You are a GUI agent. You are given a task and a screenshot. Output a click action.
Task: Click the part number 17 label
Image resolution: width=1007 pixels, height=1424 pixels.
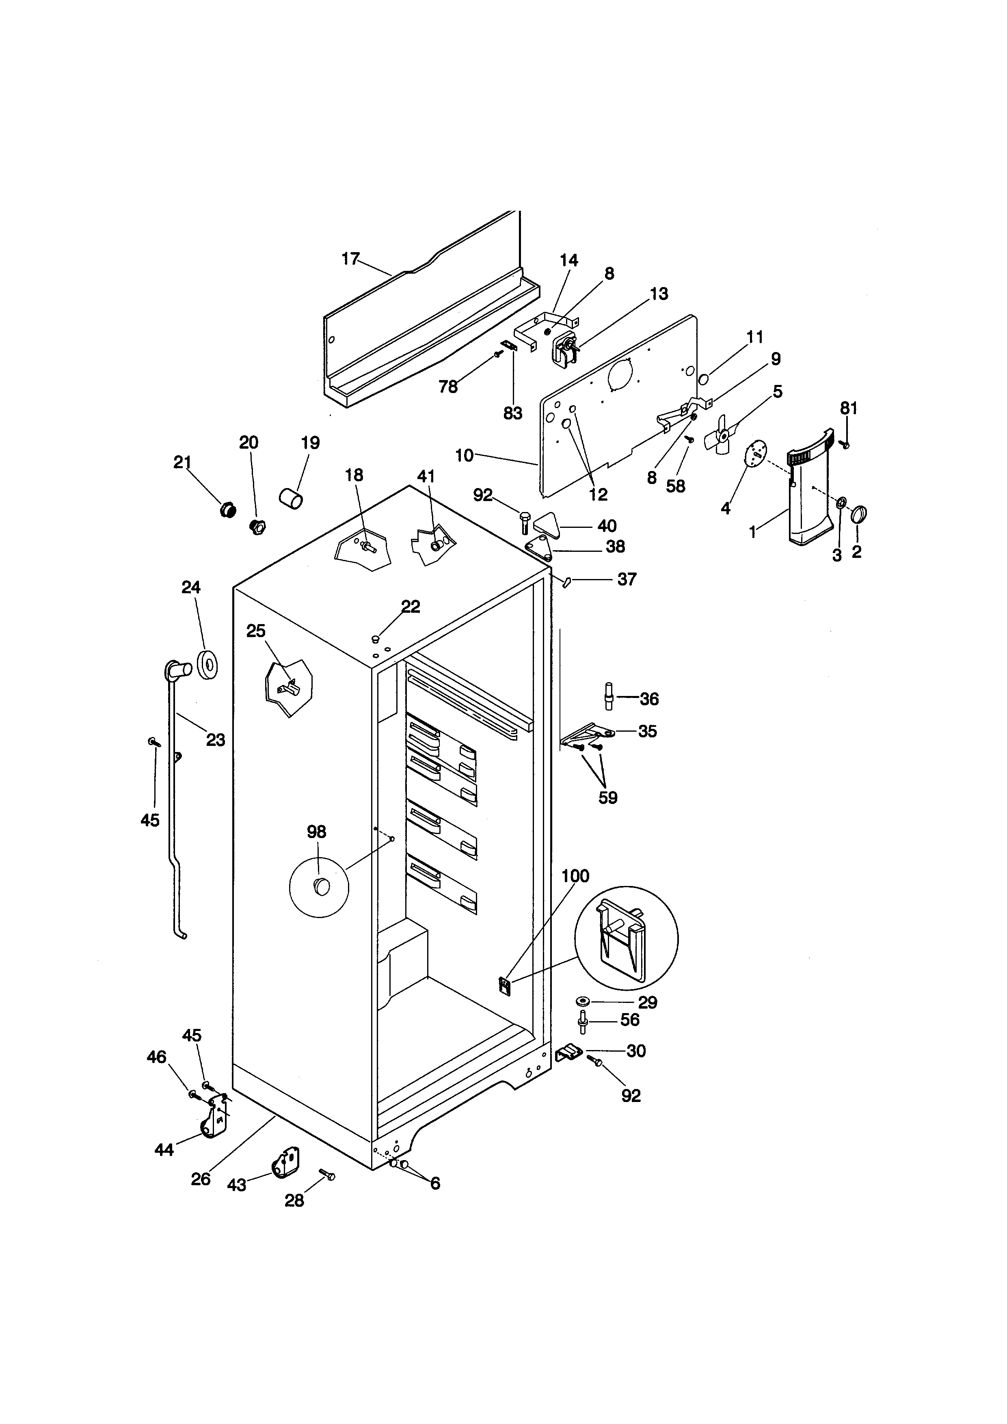350,259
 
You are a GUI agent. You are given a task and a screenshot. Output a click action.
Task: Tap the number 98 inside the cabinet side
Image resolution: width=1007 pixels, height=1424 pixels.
316,832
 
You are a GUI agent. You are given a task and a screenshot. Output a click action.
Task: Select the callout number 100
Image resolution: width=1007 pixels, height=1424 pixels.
575,876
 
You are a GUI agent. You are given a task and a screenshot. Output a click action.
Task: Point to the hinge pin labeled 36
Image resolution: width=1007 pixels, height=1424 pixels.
609,696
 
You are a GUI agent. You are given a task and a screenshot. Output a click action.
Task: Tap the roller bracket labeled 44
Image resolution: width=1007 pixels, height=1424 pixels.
214,1121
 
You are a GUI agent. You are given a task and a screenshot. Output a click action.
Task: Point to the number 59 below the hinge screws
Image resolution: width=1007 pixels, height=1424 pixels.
608,797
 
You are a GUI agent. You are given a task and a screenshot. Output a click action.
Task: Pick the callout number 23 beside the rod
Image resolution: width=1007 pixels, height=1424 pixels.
215,740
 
